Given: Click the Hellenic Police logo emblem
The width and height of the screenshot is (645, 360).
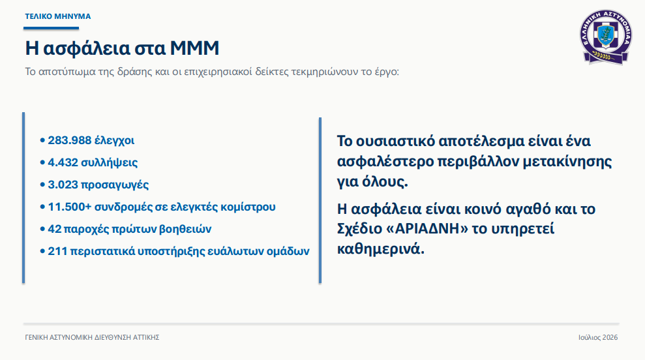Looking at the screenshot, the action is [606, 37].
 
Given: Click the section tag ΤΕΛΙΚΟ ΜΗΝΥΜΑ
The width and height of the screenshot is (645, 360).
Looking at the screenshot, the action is [58, 16].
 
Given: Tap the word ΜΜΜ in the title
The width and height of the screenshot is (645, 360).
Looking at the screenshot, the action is [194, 48].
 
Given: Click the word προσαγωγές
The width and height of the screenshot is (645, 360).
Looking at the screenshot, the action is [115, 185].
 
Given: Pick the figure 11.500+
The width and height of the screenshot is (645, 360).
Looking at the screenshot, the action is [70, 207].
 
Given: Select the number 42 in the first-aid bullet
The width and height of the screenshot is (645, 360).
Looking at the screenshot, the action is [55, 229].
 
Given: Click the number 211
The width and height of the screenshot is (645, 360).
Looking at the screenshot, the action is [57, 251].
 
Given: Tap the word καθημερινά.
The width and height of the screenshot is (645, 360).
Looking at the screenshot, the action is [380, 249].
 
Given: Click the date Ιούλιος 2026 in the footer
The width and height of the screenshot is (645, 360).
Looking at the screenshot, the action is [598, 337].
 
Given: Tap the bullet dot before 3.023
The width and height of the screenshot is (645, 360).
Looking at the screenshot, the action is [42, 185].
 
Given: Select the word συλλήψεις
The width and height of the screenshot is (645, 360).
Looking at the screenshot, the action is [110, 163].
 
